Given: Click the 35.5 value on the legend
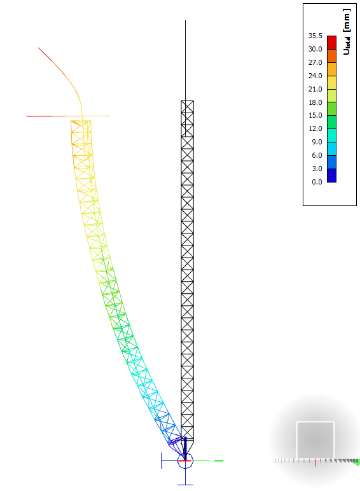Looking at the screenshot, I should click(x=314, y=36).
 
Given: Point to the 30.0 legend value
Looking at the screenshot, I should click(x=314, y=49).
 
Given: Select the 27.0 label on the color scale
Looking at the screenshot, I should click(x=314, y=62).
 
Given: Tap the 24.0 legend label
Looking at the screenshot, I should click(x=314, y=76).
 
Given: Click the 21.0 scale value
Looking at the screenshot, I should click(x=314, y=89).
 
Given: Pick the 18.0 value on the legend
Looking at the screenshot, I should click(x=314, y=102).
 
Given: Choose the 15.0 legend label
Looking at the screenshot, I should click(x=314, y=115).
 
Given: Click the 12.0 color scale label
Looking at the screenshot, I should click(x=314, y=128).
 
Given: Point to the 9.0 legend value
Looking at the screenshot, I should click(x=315, y=142).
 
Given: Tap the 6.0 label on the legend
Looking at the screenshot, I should click(x=315, y=155).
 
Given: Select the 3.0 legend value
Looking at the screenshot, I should click(x=315, y=169).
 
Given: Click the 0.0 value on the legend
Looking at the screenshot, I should click(x=315, y=182).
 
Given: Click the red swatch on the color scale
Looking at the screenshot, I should click(x=331, y=42).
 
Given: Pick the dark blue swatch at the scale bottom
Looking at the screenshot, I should click(x=331, y=176).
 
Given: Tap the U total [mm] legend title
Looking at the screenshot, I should click(x=347, y=32).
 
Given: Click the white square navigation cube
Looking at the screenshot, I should click(x=315, y=440).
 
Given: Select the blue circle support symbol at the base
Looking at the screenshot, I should click(x=184, y=460).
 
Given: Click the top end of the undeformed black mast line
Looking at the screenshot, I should click(x=186, y=21).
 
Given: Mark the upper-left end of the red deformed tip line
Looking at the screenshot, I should click(x=39, y=48).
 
